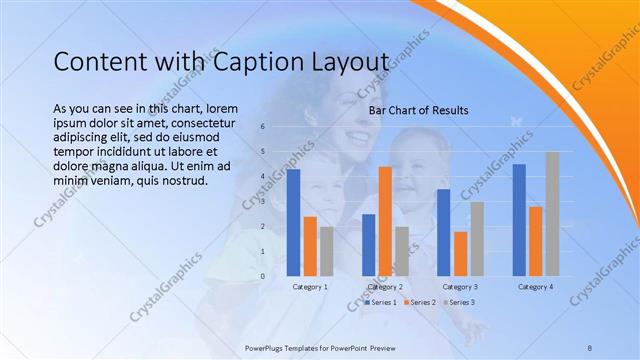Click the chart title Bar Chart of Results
[x=418, y=110]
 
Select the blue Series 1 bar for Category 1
[x=293, y=223]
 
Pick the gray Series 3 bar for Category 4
[x=552, y=214]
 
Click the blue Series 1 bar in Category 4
[x=519, y=220]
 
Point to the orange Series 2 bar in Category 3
[x=460, y=254]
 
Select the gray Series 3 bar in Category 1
[x=326, y=251]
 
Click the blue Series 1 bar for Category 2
[x=368, y=245]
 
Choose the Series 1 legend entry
[x=381, y=302]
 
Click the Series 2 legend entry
[x=419, y=302]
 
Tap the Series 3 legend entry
[x=458, y=302]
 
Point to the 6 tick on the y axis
[x=261, y=127]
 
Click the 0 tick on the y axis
[x=261, y=276]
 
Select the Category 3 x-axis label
[x=460, y=287]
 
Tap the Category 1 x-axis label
[x=310, y=287]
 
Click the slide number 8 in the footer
[x=590, y=346]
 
